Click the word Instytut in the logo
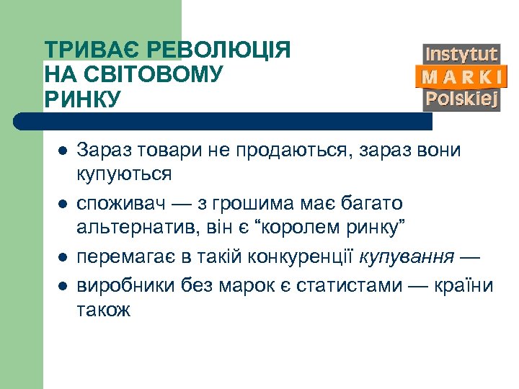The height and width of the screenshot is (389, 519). [x=461, y=55]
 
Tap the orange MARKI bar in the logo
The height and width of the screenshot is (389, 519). [x=461, y=76]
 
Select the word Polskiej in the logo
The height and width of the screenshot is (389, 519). [x=461, y=99]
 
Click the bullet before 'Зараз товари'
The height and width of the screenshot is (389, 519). [x=62, y=152]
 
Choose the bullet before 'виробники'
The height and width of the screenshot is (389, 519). [x=62, y=285]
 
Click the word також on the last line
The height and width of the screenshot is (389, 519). [x=104, y=310]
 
